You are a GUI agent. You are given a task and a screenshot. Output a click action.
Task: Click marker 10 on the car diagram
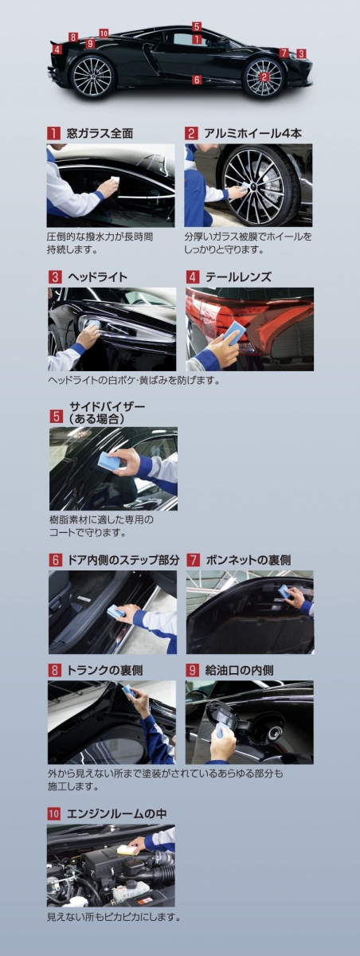pyautogui.click(x=104, y=33)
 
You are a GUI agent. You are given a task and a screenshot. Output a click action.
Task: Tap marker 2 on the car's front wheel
pyautogui.click(x=264, y=76)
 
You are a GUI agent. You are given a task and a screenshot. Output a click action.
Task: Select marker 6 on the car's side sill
pyautogui.click(x=197, y=80)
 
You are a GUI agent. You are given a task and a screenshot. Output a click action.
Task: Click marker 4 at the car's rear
pyautogui.click(x=57, y=49)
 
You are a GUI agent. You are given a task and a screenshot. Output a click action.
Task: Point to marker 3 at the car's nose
pyautogui.click(x=301, y=53)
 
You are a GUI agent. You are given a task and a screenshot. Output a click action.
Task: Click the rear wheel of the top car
pyautogui.click(x=92, y=76)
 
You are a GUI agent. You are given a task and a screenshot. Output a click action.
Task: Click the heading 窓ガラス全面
pyautogui.click(x=100, y=133)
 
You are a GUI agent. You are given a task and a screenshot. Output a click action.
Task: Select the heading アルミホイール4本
pyautogui.click(x=253, y=133)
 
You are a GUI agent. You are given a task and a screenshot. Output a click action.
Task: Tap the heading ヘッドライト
pyautogui.click(x=98, y=277)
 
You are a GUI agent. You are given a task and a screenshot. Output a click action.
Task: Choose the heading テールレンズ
pyautogui.click(x=238, y=277)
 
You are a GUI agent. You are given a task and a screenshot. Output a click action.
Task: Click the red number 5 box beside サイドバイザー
pyautogui.click(x=57, y=416)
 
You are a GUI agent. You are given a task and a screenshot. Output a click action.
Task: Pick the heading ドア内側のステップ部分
pyautogui.click(x=123, y=559)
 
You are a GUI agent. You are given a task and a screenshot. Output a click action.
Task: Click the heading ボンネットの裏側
pyautogui.click(x=248, y=559)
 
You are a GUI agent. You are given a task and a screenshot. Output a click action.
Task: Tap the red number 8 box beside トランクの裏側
pyautogui.click(x=54, y=670)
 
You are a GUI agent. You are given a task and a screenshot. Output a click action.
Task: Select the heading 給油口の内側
pyautogui.click(x=239, y=670)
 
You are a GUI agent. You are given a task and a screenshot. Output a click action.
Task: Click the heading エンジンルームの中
pyautogui.click(x=116, y=813)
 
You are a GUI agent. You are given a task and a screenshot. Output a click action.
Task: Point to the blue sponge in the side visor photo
pyautogui.click(x=109, y=460)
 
